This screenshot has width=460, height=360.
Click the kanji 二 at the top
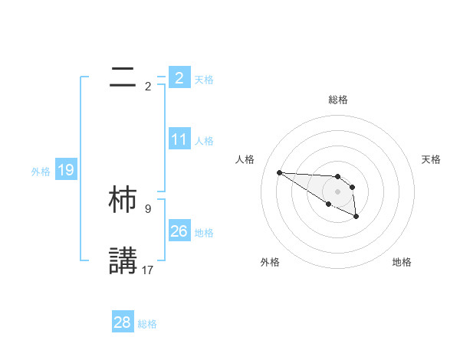click(123, 76)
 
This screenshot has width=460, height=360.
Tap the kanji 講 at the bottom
click(123, 260)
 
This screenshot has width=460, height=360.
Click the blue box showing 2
click(179, 77)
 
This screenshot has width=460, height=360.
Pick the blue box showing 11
click(179, 139)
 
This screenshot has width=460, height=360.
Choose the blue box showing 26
click(179, 231)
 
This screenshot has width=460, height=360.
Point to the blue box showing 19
click(65, 170)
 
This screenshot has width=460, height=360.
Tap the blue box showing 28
click(123, 322)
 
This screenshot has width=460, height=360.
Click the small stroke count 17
click(148, 270)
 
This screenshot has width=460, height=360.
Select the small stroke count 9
click(148, 208)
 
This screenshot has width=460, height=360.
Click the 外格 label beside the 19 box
click(41, 172)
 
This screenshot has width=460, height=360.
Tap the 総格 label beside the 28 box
click(147, 324)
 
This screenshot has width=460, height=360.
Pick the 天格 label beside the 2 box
click(204, 79)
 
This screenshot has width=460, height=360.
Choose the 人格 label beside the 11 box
click(204, 141)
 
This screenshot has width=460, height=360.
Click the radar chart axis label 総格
click(337, 100)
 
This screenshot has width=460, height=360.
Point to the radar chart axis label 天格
click(432, 159)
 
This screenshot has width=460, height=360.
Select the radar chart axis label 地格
click(402, 262)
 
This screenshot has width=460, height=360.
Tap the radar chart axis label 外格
click(270, 262)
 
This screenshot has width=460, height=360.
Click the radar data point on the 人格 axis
click(280, 172)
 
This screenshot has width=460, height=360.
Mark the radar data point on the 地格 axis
click(356, 218)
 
